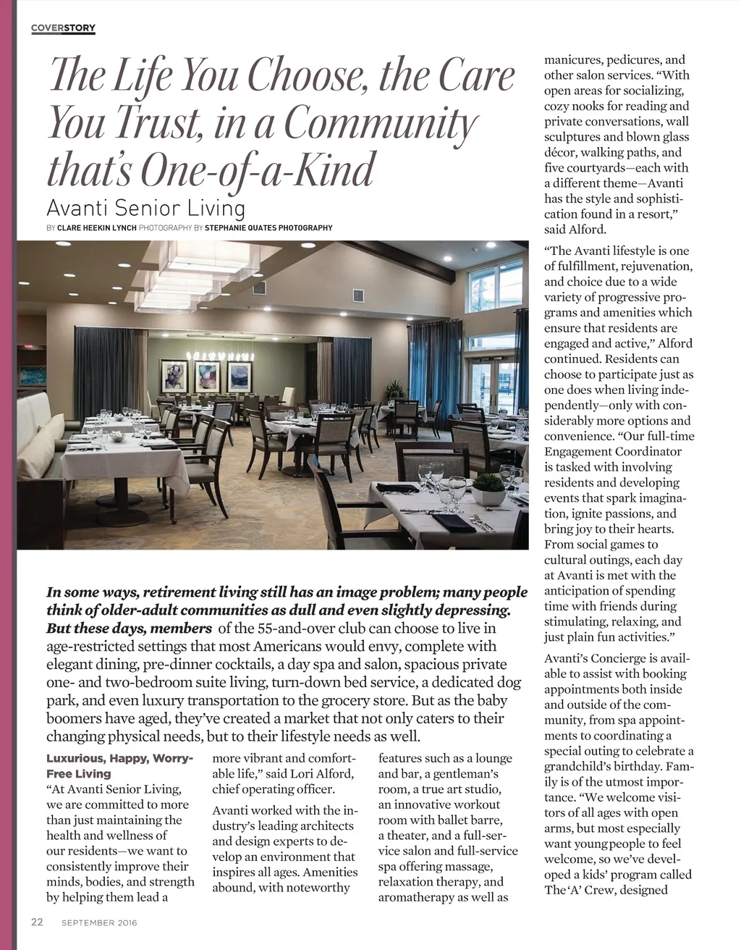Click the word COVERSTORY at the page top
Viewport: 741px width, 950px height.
tap(64, 28)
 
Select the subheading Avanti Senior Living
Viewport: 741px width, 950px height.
tap(145, 209)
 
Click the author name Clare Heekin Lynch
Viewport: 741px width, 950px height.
tap(97, 228)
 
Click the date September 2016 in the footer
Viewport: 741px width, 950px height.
tap(99, 923)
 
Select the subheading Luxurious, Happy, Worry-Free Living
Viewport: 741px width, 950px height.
tap(119, 766)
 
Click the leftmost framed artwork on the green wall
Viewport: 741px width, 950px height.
tap(174, 376)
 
